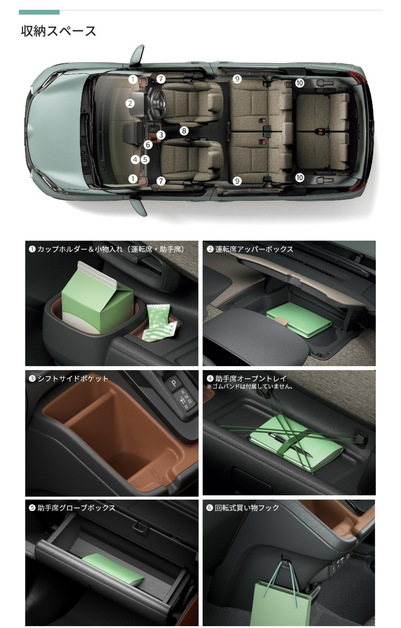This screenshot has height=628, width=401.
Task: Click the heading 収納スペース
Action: (59, 31)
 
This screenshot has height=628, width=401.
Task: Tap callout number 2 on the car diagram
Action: (130, 103)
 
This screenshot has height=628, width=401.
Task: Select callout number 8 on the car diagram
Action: (184, 131)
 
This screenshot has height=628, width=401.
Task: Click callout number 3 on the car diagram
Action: (161, 135)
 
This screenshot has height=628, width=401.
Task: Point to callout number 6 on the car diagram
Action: (148, 145)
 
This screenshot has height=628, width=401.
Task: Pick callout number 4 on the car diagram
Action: (135, 160)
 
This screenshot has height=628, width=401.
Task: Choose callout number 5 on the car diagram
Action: (145, 160)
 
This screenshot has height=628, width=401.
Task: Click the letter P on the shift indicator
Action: (174, 383)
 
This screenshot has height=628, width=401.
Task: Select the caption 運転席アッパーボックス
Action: (254, 249)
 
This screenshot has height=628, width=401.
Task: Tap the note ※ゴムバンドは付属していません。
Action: (250, 386)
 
